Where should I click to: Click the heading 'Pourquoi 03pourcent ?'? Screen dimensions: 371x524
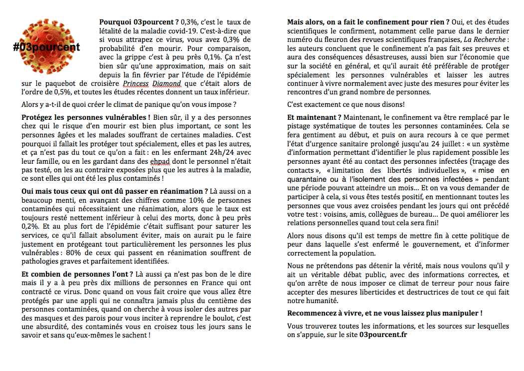coord(139,22)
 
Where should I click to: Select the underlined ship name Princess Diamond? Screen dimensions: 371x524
coord(145,83)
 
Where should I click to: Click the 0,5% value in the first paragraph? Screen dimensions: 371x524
coord(49,92)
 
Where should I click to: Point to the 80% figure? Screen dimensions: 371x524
coord(80,252)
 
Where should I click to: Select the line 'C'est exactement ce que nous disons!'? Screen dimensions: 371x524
coord(346,105)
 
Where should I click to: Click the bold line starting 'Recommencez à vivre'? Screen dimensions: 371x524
coord(384,314)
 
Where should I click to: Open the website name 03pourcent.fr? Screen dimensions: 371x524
coord(383,335)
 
